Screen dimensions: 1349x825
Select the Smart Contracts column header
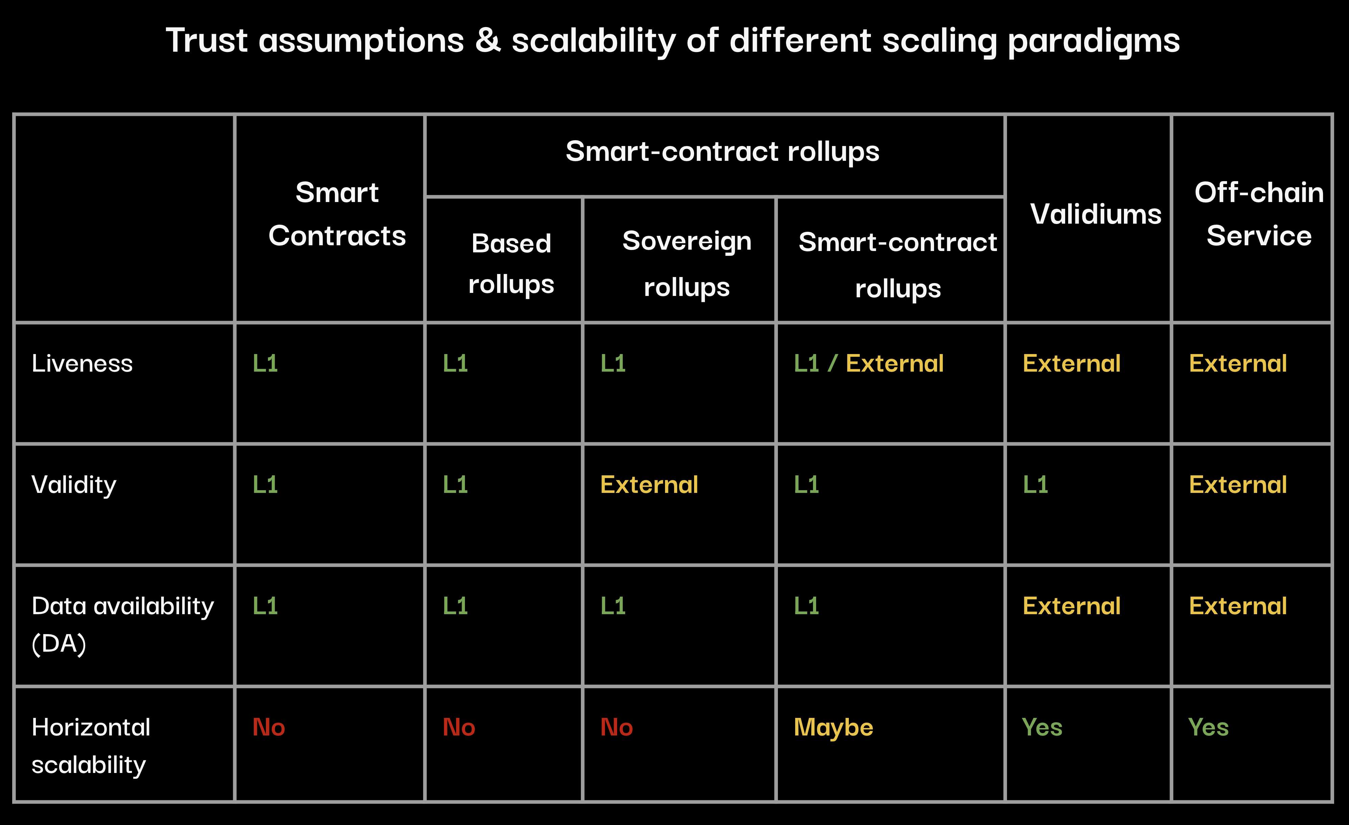[x=337, y=214]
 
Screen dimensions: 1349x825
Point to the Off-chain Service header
[x=1259, y=214]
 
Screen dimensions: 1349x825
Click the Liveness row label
[x=82, y=364]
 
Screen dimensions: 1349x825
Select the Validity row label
[x=74, y=485]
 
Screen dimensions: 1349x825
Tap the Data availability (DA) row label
[x=123, y=625]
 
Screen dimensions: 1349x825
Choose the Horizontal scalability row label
[x=91, y=746]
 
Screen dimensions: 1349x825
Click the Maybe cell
[x=833, y=728]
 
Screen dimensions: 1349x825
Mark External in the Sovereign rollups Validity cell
[x=649, y=485]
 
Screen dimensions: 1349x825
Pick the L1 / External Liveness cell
[x=869, y=364]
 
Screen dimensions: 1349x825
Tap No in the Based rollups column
[x=459, y=728]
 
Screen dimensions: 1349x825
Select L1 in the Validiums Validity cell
[x=1035, y=485]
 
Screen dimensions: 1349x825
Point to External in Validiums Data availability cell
[x=1072, y=606]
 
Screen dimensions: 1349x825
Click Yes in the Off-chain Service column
[x=1209, y=728]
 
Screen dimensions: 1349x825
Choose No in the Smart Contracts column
[x=269, y=728]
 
